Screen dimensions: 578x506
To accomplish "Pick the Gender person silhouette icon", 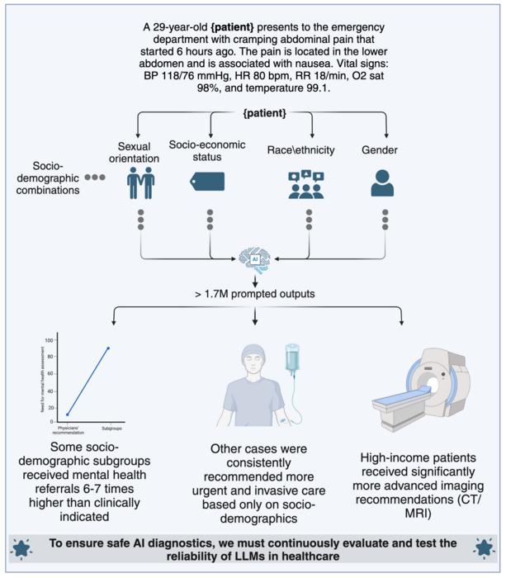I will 383,182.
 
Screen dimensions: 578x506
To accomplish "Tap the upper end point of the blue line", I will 107,348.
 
